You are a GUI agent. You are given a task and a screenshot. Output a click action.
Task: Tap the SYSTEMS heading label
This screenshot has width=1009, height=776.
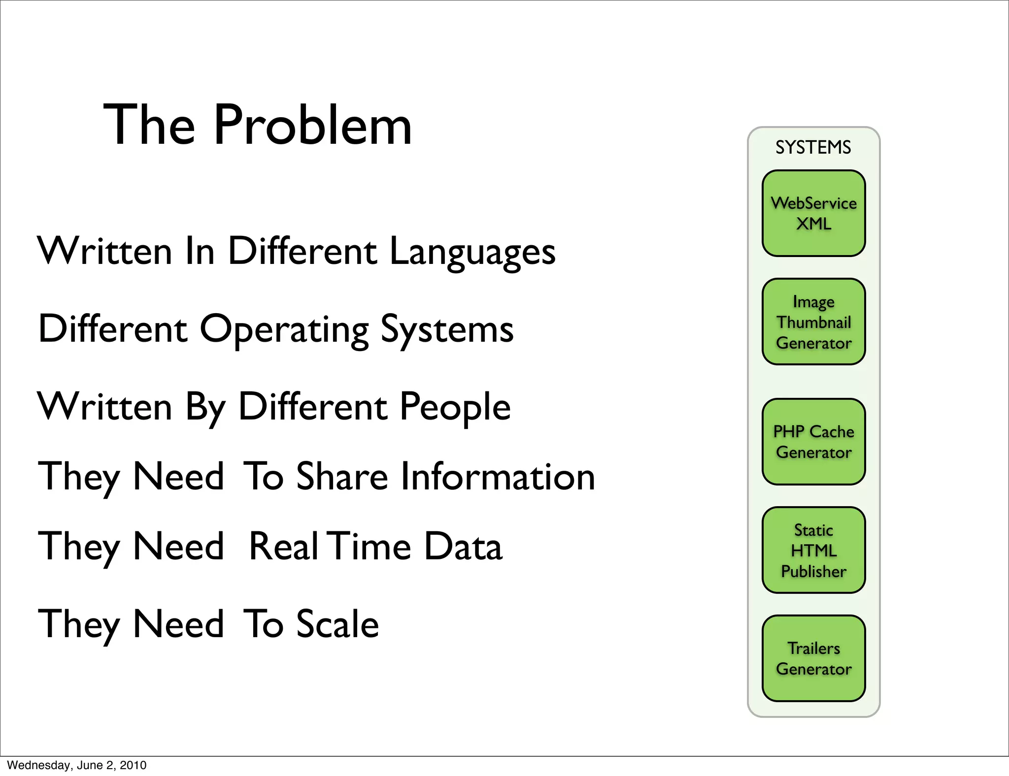click(813, 147)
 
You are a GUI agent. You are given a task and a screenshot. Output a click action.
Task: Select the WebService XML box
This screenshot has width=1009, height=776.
click(813, 213)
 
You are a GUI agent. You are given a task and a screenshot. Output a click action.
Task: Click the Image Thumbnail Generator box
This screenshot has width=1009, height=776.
click(813, 322)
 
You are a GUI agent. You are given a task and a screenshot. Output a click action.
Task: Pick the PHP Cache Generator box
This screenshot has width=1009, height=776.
click(813, 442)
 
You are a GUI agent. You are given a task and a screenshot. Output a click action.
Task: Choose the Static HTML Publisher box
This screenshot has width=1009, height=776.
click(813, 550)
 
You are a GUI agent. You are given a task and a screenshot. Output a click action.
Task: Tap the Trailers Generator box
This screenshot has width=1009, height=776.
click(813, 658)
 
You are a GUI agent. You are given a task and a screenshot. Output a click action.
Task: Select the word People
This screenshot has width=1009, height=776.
click(454, 408)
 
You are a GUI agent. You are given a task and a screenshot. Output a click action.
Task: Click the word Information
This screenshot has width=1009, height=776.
click(498, 477)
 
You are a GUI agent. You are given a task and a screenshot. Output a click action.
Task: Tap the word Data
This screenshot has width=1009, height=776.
click(463, 547)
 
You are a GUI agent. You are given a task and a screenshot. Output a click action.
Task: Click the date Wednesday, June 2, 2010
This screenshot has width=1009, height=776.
click(77, 765)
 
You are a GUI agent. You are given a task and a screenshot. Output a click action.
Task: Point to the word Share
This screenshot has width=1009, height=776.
click(342, 477)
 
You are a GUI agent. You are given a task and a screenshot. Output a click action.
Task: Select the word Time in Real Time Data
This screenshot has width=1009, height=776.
click(370, 547)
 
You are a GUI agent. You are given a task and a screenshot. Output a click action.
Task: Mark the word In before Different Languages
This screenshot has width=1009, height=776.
click(200, 251)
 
